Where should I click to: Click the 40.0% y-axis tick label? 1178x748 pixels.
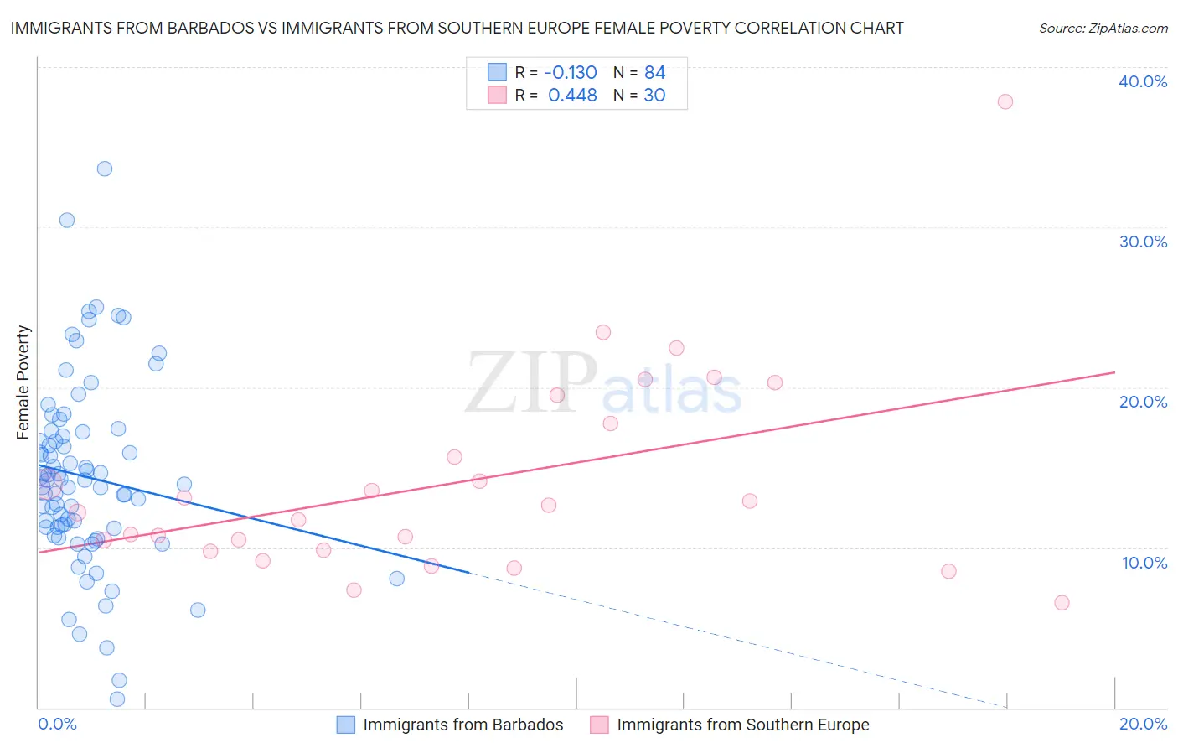pos(1143,81)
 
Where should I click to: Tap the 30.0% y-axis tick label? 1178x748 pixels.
pos(1143,242)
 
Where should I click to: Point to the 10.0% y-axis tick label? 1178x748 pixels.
pos(1144,563)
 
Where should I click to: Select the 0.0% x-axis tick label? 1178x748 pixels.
pos(57,724)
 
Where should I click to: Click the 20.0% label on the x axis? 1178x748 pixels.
pos(1143,724)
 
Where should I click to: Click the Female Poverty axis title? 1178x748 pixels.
pos(23,382)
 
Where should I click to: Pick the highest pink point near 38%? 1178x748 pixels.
pos(1005,101)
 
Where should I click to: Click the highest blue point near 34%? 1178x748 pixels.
pos(105,169)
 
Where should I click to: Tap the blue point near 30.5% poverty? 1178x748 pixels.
pos(67,220)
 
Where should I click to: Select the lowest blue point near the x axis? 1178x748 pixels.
pos(117,699)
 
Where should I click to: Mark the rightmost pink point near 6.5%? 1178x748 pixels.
pos(1062,603)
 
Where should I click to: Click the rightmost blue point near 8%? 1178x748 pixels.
pos(397,579)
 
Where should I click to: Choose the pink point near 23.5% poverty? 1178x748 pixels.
pos(603,332)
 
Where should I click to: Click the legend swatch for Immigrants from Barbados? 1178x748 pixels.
pos(346,725)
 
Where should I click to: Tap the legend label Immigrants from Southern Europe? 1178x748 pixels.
pos(743,725)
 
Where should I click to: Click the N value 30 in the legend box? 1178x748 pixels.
pos(654,96)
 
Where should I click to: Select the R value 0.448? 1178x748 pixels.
pos(572,96)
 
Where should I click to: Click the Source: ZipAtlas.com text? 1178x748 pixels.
pos(1103,28)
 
